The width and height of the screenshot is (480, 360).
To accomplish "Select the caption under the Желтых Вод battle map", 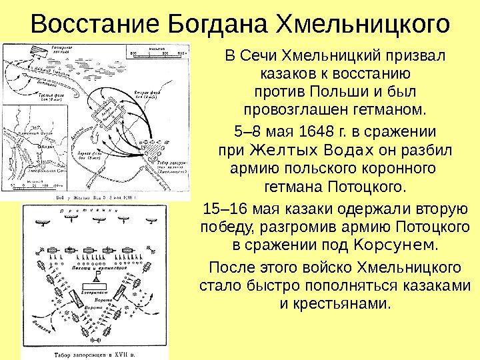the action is point(100,198).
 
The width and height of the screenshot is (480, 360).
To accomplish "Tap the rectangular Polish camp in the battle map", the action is point(106,114).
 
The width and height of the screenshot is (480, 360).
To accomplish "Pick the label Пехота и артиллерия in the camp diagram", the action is point(97,265).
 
